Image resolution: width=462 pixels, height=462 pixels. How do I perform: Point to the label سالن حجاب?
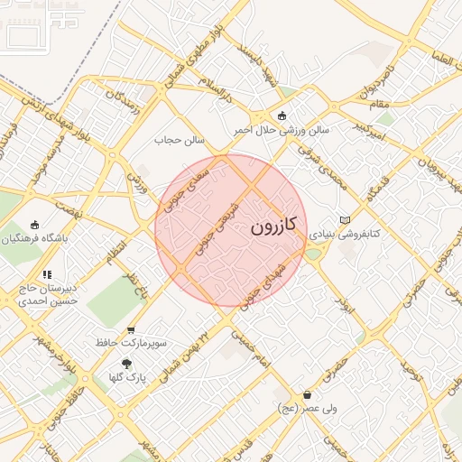tap(180, 141)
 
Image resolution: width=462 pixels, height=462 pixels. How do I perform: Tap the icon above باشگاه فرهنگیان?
tap(35, 225)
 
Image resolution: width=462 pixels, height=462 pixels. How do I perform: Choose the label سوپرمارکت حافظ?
tap(131, 344)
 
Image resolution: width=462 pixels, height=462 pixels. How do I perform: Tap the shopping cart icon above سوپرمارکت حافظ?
tap(131, 330)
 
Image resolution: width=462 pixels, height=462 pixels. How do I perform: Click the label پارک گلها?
tap(126, 376)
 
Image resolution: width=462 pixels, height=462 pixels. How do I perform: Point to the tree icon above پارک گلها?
tap(126, 363)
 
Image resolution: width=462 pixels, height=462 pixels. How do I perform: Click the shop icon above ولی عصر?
tap(308, 394)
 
